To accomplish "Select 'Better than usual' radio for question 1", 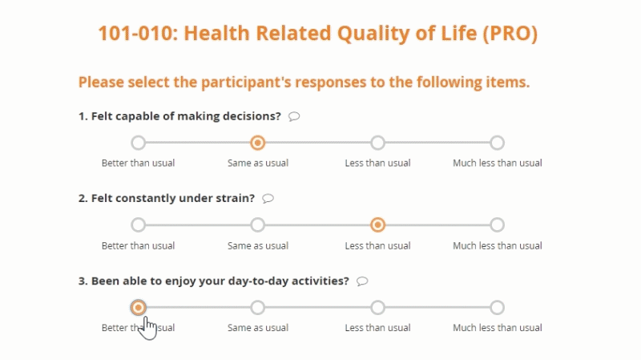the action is (138, 143).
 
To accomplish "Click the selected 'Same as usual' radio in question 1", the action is (257, 143).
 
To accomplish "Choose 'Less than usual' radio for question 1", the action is (377, 143).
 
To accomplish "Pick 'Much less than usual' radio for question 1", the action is (497, 143).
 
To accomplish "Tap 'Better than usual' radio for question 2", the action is (138, 224).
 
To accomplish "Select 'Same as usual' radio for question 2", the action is (257, 224).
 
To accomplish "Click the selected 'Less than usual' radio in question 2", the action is (377, 224).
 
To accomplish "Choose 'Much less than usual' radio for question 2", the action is (497, 224).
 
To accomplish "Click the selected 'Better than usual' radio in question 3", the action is (138, 307).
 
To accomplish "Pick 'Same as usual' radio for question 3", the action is (257, 307).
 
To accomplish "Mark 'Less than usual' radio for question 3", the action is (377, 307).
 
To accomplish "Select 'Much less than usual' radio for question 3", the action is (497, 307).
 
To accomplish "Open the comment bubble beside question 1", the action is (294, 116).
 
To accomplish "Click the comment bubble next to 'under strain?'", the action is (268, 198).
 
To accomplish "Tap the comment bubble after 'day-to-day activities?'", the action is (362, 281).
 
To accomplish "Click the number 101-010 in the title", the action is (138, 33).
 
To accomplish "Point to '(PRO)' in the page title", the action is (510, 34).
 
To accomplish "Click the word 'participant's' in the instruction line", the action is (246, 83).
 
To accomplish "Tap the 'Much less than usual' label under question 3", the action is (497, 328).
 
